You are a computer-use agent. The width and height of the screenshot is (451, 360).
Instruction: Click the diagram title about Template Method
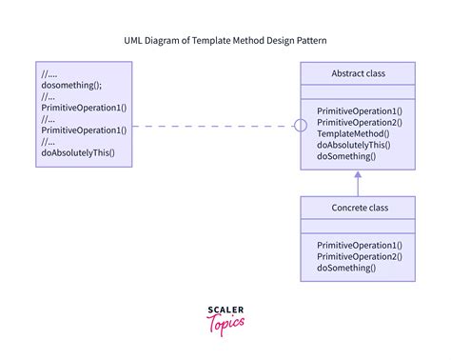click(225, 41)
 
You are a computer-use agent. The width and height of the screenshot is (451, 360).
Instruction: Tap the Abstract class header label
click(359, 73)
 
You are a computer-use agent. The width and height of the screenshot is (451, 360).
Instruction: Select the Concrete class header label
click(360, 208)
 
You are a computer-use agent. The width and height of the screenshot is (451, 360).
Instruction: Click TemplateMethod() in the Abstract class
click(353, 133)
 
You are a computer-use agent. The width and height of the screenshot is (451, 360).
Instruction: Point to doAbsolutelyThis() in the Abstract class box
click(354, 145)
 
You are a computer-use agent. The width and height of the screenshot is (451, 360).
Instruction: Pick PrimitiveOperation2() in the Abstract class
click(360, 123)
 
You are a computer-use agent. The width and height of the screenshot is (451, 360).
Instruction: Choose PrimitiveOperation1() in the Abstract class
click(360, 111)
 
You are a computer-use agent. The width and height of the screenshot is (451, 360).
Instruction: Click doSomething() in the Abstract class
click(346, 156)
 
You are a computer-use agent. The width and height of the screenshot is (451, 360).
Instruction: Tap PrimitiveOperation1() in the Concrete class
click(360, 246)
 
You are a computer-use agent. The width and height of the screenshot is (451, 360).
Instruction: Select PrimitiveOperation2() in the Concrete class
click(360, 256)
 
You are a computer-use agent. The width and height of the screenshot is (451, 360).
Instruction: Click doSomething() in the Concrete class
click(346, 268)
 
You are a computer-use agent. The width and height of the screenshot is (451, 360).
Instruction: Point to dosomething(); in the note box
click(71, 86)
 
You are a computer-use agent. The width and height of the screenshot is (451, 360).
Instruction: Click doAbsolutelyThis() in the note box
click(78, 152)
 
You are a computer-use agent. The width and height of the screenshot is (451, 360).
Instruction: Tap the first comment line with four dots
click(49, 74)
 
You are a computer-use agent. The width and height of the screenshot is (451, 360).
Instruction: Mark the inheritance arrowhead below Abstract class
click(358, 174)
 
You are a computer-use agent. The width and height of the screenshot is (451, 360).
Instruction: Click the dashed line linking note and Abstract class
click(213, 126)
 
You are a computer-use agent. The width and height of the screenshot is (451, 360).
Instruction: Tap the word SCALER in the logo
click(225, 310)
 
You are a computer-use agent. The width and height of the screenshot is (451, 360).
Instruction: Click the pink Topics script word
click(225, 324)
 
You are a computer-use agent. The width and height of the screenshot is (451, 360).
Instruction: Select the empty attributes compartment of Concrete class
click(358, 226)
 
